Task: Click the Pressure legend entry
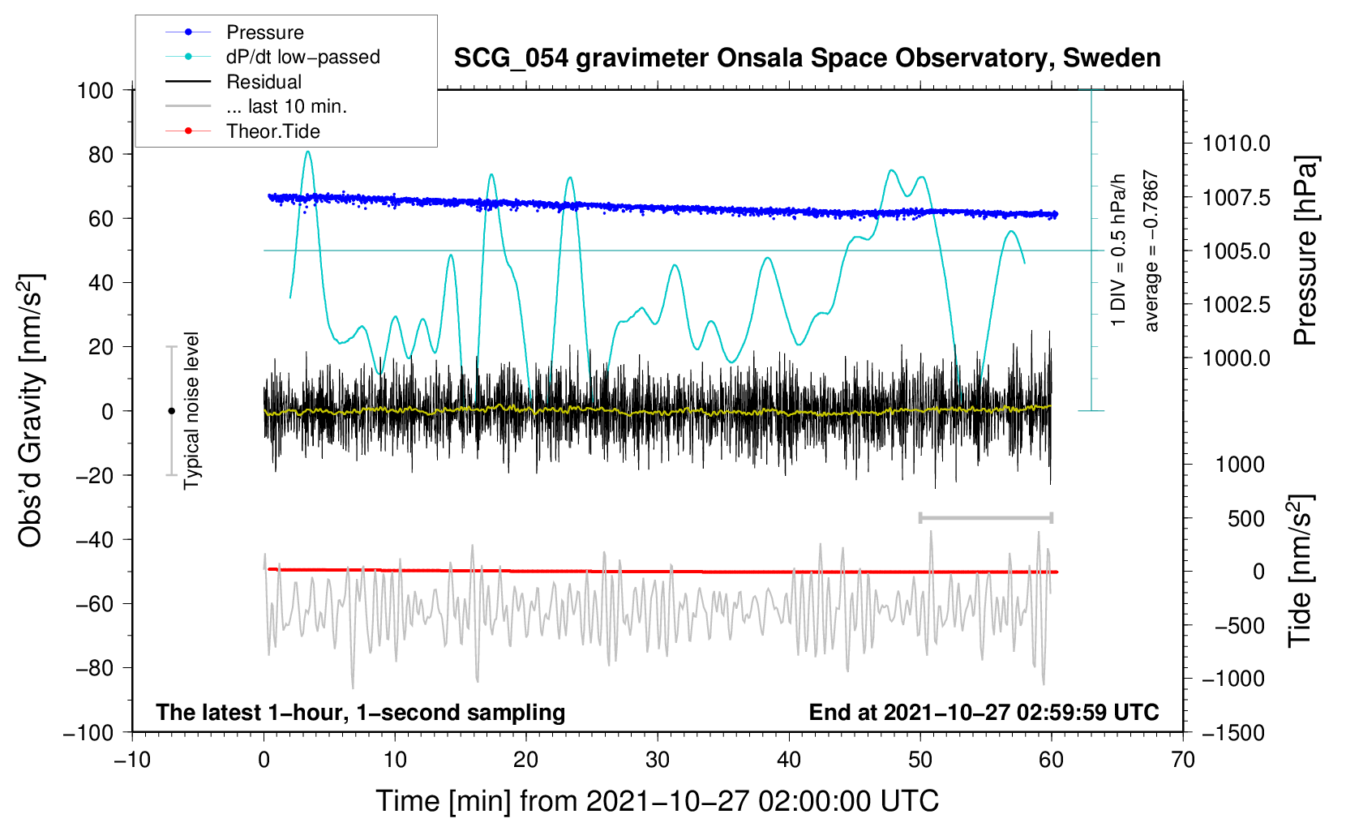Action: tap(234, 32)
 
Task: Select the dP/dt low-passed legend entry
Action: tap(272, 57)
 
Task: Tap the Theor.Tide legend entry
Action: tap(242, 131)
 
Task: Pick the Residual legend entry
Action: tap(234, 82)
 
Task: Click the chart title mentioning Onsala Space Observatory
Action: tap(807, 58)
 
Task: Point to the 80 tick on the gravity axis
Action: tap(101, 155)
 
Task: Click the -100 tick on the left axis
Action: tap(88, 733)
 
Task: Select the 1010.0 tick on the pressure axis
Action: tap(1236, 144)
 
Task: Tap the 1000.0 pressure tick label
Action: tap(1236, 358)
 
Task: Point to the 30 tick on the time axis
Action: tap(658, 760)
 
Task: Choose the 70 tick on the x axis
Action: tap(1182, 760)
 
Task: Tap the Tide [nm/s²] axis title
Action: tap(1301, 571)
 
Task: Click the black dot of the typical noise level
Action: tap(171, 411)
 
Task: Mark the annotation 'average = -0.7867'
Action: tap(1151, 251)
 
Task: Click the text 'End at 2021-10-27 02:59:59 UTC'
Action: tap(984, 712)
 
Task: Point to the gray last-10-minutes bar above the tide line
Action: tap(985, 517)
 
